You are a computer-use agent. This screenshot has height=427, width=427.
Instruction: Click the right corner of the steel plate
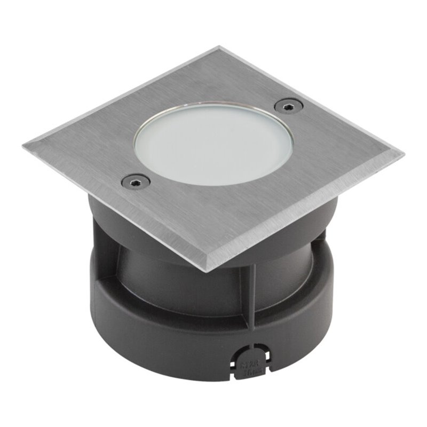(402, 154)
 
